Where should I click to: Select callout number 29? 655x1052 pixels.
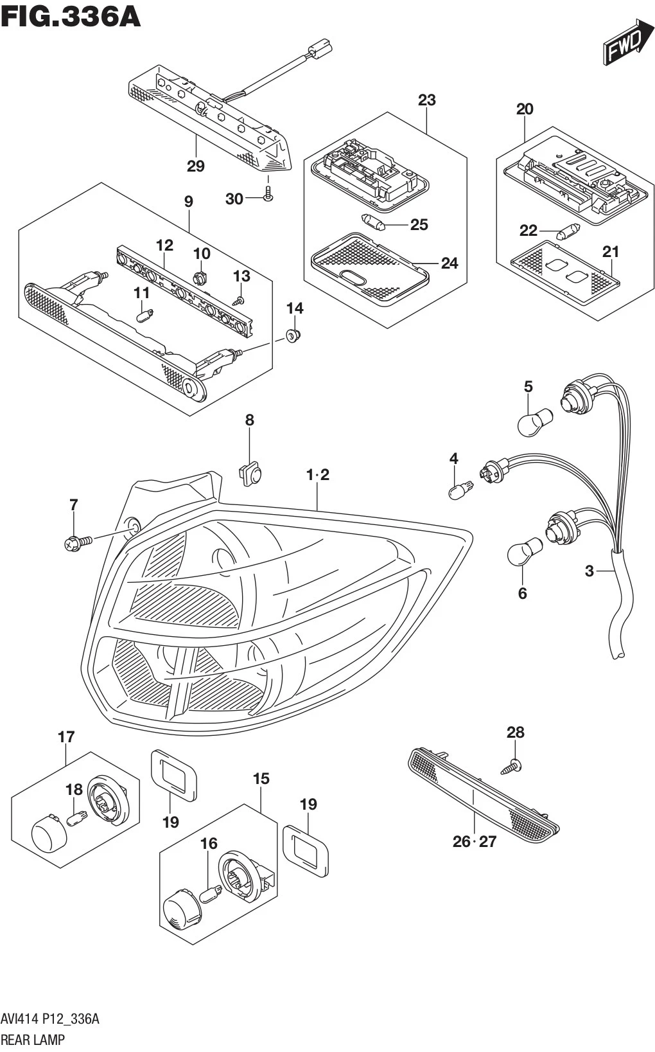195,166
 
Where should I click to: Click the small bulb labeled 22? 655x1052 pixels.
568,231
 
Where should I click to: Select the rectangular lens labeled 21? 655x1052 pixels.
565,274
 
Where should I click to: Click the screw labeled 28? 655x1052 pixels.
511,765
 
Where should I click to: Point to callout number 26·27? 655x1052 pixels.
475,841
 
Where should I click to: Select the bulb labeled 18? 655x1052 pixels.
77,818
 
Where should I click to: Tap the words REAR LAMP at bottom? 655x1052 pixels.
32,1039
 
